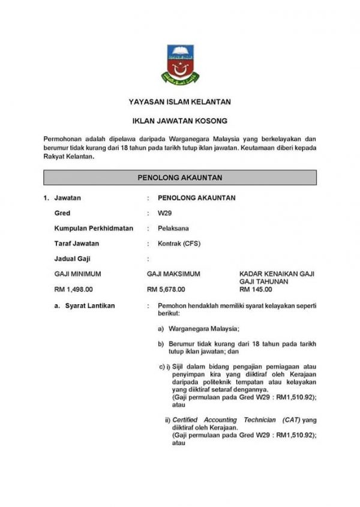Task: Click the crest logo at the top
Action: (179, 64)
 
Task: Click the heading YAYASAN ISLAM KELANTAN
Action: (179, 102)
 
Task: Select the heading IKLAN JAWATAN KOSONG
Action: (179, 121)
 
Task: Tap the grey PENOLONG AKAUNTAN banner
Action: (179, 178)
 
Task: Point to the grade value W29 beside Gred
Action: (164, 213)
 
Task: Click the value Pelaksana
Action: (171, 229)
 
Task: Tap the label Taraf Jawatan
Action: (76, 244)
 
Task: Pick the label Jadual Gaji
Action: (71, 259)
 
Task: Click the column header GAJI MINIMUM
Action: (77, 274)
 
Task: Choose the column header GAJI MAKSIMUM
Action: (173, 274)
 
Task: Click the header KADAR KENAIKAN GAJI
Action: (277, 274)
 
